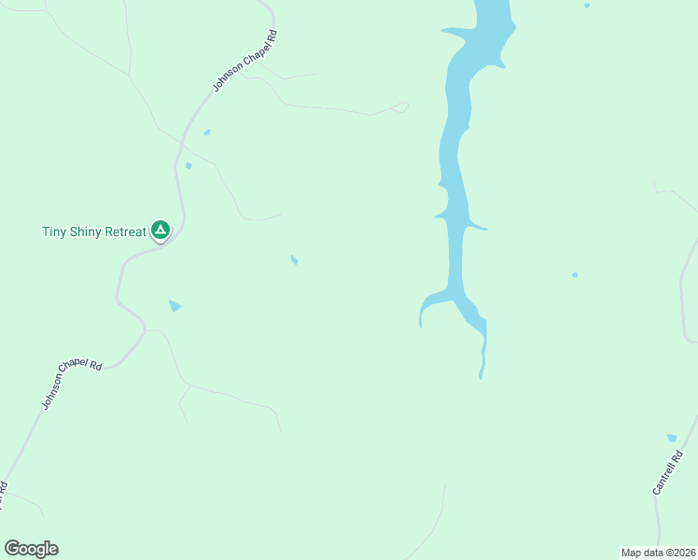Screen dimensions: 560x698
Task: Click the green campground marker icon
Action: [x=161, y=229]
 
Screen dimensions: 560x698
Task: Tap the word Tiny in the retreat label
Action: [x=56, y=231]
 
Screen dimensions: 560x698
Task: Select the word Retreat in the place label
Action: [x=124, y=231]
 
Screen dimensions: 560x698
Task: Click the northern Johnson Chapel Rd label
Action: [x=244, y=61]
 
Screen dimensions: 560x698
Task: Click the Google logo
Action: [x=31, y=549]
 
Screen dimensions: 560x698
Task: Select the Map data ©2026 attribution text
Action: [x=658, y=553]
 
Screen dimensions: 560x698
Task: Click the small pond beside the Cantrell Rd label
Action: [x=672, y=437]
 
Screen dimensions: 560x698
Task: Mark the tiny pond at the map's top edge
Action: [x=586, y=6]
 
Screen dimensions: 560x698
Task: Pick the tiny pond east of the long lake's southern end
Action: [x=574, y=275]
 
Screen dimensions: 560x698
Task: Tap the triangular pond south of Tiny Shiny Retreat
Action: [x=174, y=305]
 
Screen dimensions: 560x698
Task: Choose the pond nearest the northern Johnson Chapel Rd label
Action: [x=206, y=132]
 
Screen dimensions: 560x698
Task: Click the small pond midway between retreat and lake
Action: [x=294, y=259]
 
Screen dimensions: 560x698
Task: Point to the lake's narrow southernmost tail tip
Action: [x=481, y=375]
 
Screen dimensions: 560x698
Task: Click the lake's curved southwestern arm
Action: [x=426, y=305]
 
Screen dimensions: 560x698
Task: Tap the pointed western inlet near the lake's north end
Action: [x=452, y=35]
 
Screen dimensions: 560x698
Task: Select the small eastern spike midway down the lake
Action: [x=480, y=227]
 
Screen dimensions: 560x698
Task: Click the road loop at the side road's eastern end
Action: [x=402, y=106]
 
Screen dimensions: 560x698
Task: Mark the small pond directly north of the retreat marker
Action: [x=188, y=166]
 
